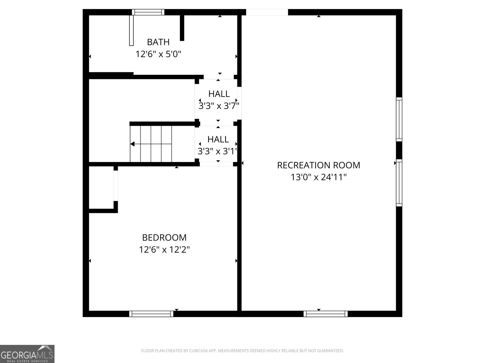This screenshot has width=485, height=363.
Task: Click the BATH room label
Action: (158, 42)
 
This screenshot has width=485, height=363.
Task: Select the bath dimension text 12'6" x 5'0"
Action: (158, 54)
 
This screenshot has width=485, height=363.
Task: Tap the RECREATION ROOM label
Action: (319, 165)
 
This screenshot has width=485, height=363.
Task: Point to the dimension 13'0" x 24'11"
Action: (319, 177)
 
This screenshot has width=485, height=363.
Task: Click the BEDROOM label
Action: (164, 237)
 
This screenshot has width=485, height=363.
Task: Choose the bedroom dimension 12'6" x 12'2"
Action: (164, 250)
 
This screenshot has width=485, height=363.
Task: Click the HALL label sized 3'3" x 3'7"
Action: (219, 94)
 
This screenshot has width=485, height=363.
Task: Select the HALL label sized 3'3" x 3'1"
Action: (218, 139)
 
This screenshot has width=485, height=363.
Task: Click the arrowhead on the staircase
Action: (132, 144)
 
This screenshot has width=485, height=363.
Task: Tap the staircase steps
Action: (151, 144)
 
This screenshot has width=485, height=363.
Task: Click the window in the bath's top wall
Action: (148, 12)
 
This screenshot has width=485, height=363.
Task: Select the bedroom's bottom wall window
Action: (151, 314)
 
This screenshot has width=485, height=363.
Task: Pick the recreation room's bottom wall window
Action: (326, 314)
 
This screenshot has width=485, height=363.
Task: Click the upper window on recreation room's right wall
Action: (399, 119)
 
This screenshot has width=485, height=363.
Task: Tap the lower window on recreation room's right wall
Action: (399, 183)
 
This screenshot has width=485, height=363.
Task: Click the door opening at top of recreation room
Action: (267, 12)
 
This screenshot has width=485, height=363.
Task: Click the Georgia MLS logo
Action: (27, 354)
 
